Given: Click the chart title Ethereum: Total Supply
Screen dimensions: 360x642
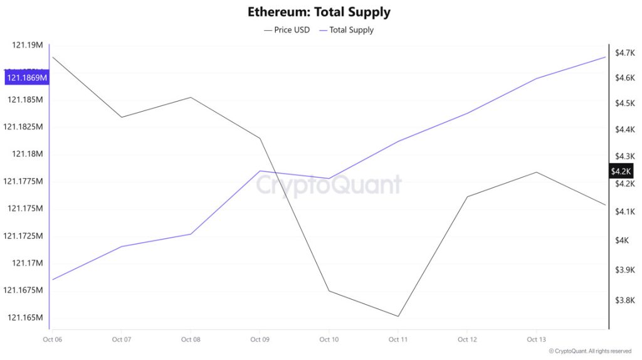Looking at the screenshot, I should (x=318, y=12).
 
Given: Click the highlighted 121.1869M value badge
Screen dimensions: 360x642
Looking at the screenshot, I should (x=27, y=78).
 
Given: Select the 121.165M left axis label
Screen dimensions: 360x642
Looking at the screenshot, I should (x=25, y=317).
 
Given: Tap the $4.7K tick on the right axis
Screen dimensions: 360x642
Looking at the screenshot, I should (x=625, y=53).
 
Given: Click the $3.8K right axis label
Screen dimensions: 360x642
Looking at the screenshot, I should (x=625, y=300).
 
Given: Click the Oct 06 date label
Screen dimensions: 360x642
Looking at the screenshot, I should (x=52, y=340).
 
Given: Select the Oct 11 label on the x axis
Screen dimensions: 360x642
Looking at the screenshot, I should (x=398, y=340).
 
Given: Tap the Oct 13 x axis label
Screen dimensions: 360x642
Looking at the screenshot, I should (x=536, y=340).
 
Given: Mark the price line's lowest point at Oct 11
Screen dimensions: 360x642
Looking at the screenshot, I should (x=398, y=316).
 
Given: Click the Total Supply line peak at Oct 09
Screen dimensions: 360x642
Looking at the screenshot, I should (x=260, y=171).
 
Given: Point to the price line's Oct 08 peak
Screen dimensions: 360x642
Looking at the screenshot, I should (x=191, y=97).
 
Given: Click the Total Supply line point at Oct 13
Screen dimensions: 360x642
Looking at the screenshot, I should (x=536, y=78).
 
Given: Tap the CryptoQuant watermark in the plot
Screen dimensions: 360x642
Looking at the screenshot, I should (x=329, y=185).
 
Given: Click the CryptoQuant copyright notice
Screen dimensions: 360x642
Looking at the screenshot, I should (x=590, y=351).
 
